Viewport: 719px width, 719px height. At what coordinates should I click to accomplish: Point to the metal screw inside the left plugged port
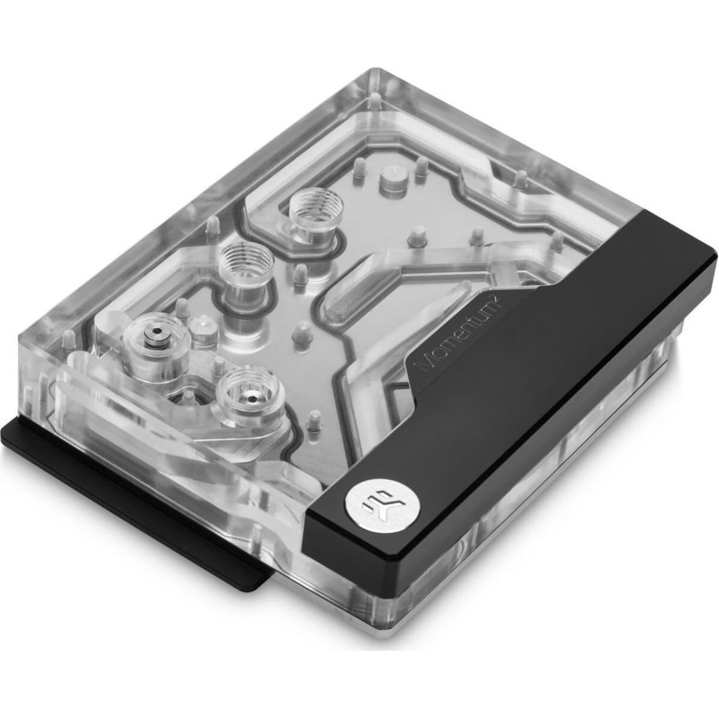[156, 332]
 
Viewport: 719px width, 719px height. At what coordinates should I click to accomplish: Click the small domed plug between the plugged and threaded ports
[202, 327]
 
